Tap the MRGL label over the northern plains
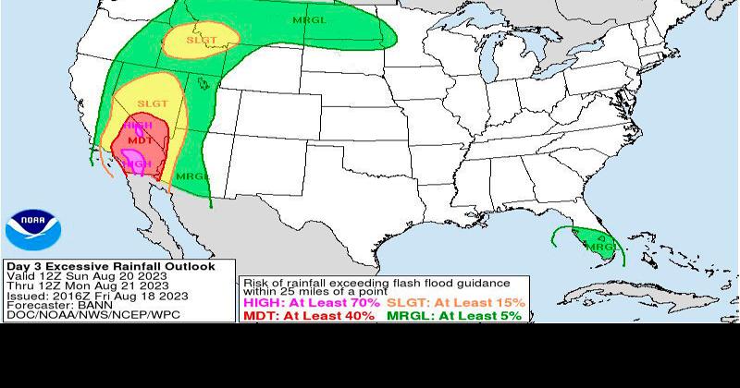coord(309,19)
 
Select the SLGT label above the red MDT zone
coord(153,103)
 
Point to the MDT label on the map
coord(140,140)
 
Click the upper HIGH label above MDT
coord(138,125)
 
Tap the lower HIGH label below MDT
coord(137,164)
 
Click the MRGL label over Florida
coord(602,247)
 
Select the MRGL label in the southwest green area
coord(192,176)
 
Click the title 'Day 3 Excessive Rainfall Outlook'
coord(110,266)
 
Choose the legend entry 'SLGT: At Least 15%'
coord(455,302)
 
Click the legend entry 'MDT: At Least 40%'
coord(308,315)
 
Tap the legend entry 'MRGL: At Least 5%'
coord(453,315)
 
